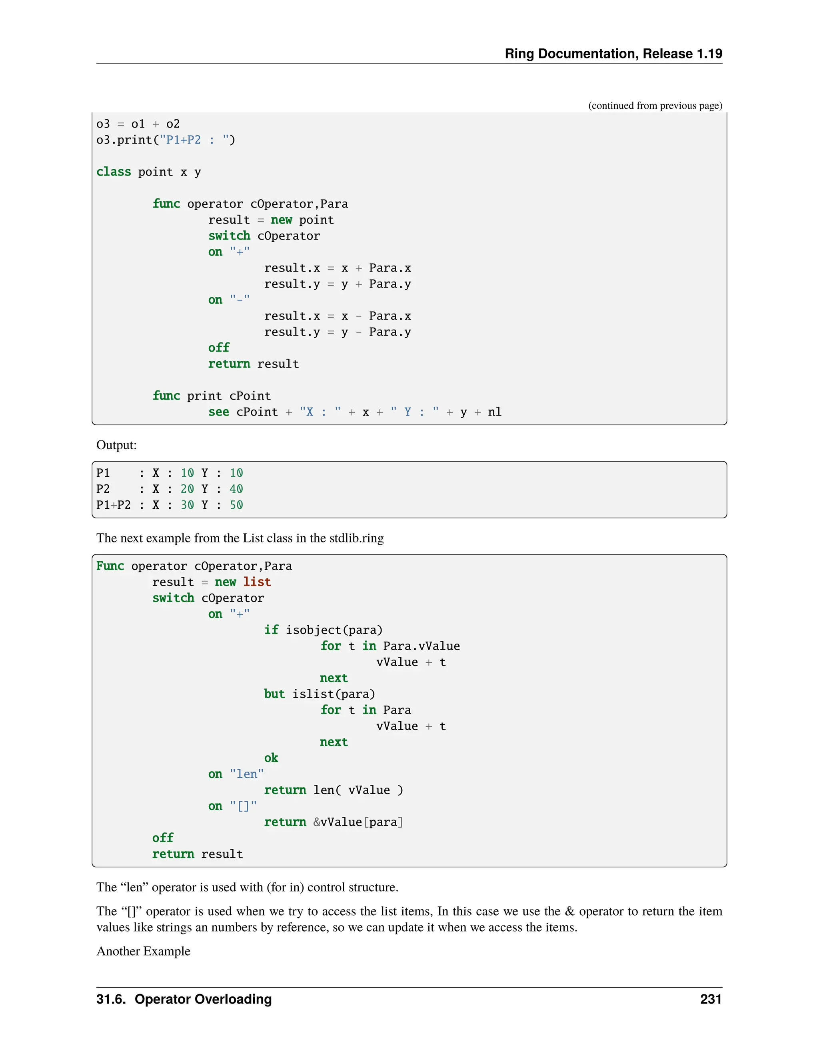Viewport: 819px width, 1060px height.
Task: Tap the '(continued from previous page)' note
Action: click(655, 106)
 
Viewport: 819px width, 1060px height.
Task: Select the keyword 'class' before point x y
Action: click(114, 172)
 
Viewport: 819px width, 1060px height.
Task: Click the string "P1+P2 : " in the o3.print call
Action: click(194, 140)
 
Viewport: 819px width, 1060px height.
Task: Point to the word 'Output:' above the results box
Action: click(116, 445)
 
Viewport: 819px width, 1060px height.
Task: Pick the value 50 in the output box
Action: click(236, 505)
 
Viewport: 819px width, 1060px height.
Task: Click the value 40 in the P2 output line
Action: click(236, 489)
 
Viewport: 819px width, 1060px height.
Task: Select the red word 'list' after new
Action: click(257, 582)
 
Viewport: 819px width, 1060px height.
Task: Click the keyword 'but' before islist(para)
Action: click(274, 694)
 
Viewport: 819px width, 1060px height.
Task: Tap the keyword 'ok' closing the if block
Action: click(271, 758)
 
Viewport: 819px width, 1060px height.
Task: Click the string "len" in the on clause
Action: click(246, 774)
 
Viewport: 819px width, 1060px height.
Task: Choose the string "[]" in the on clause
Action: click(243, 806)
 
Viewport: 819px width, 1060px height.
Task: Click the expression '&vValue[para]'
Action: click(358, 822)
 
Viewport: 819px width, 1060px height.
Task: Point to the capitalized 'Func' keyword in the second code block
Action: click(110, 566)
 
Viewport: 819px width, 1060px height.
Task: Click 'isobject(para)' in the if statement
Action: click(334, 630)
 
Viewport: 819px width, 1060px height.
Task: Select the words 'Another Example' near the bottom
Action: click(143, 951)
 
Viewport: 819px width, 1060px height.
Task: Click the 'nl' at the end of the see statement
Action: click(494, 412)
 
